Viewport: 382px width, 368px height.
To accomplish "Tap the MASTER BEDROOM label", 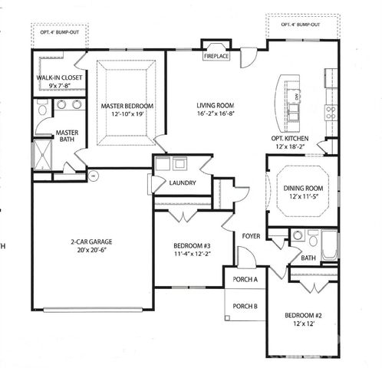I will (127, 106).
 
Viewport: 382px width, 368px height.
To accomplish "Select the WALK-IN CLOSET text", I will (60, 78).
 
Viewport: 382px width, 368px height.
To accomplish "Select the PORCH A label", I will (244, 280).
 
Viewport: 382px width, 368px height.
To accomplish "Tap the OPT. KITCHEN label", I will (289, 138).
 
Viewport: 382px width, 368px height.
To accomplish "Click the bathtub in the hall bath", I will (329, 245).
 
